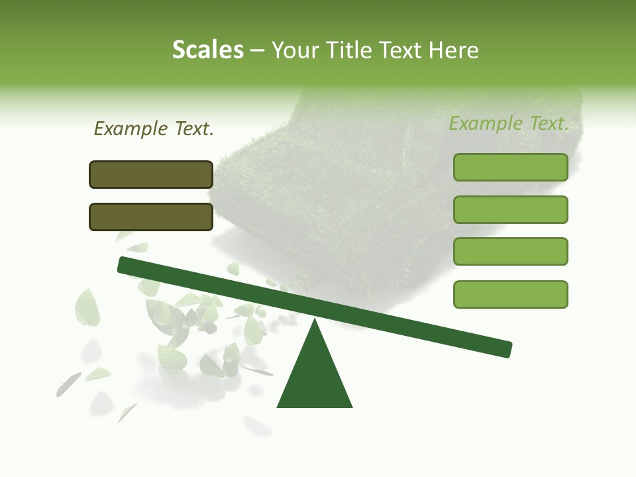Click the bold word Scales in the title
point(207,50)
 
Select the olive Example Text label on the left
point(154,129)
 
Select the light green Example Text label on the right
point(509,123)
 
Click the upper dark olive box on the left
point(151,174)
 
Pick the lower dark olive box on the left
point(151,217)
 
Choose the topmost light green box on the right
point(510,167)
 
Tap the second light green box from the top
point(510,209)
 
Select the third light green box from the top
point(510,251)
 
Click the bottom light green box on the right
point(510,294)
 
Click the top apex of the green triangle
point(315,320)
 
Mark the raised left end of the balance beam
point(123,264)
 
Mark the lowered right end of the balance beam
point(507,349)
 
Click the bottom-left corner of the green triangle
point(278,406)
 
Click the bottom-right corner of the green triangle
point(351,406)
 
